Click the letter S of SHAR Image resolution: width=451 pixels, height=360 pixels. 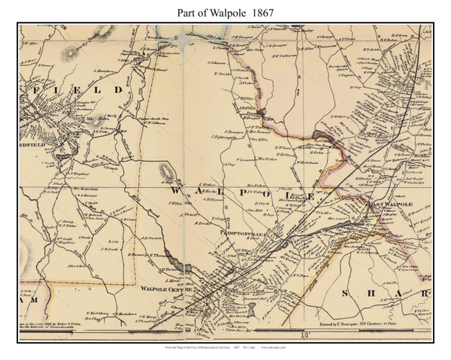point(347,291)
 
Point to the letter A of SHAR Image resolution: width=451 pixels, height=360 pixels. point(399,291)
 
